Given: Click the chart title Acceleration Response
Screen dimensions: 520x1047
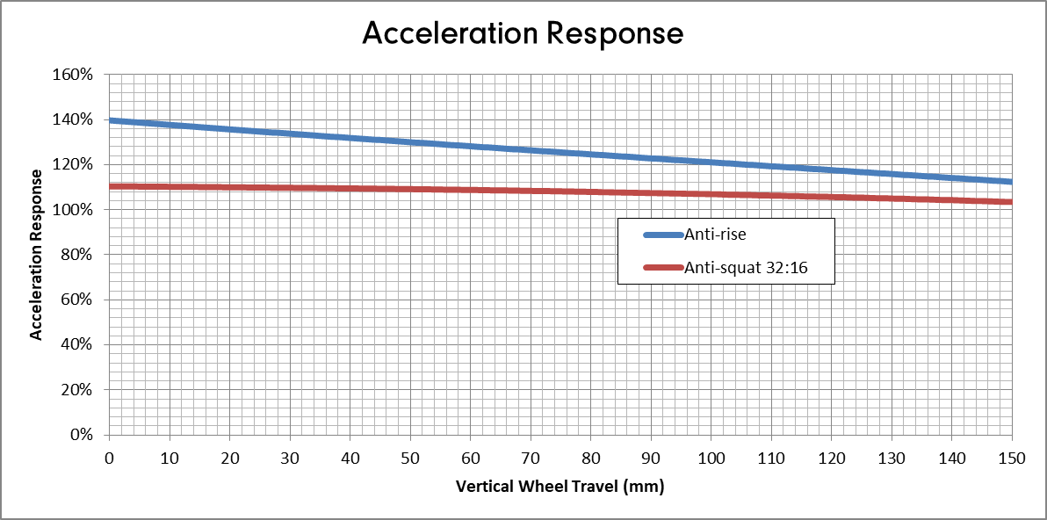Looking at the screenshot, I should click(523, 33).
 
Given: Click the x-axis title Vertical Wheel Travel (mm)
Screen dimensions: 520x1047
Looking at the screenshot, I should click(560, 486).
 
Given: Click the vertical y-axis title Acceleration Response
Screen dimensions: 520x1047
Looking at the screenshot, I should click(37, 253).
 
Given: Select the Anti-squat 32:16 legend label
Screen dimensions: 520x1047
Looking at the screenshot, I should click(746, 267).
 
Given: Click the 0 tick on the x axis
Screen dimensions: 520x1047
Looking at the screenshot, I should click(109, 459).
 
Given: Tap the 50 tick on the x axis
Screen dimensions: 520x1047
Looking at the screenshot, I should click(410, 459).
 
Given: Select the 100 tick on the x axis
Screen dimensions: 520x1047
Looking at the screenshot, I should click(711, 459).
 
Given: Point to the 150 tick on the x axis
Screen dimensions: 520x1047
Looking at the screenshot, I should click(1012, 459).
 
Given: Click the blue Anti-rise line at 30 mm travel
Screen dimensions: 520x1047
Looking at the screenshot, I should click(290, 134).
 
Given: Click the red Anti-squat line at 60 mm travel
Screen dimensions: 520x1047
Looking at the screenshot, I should click(471, 190).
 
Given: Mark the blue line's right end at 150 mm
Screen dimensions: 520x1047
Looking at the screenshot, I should click(1011, 182).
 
